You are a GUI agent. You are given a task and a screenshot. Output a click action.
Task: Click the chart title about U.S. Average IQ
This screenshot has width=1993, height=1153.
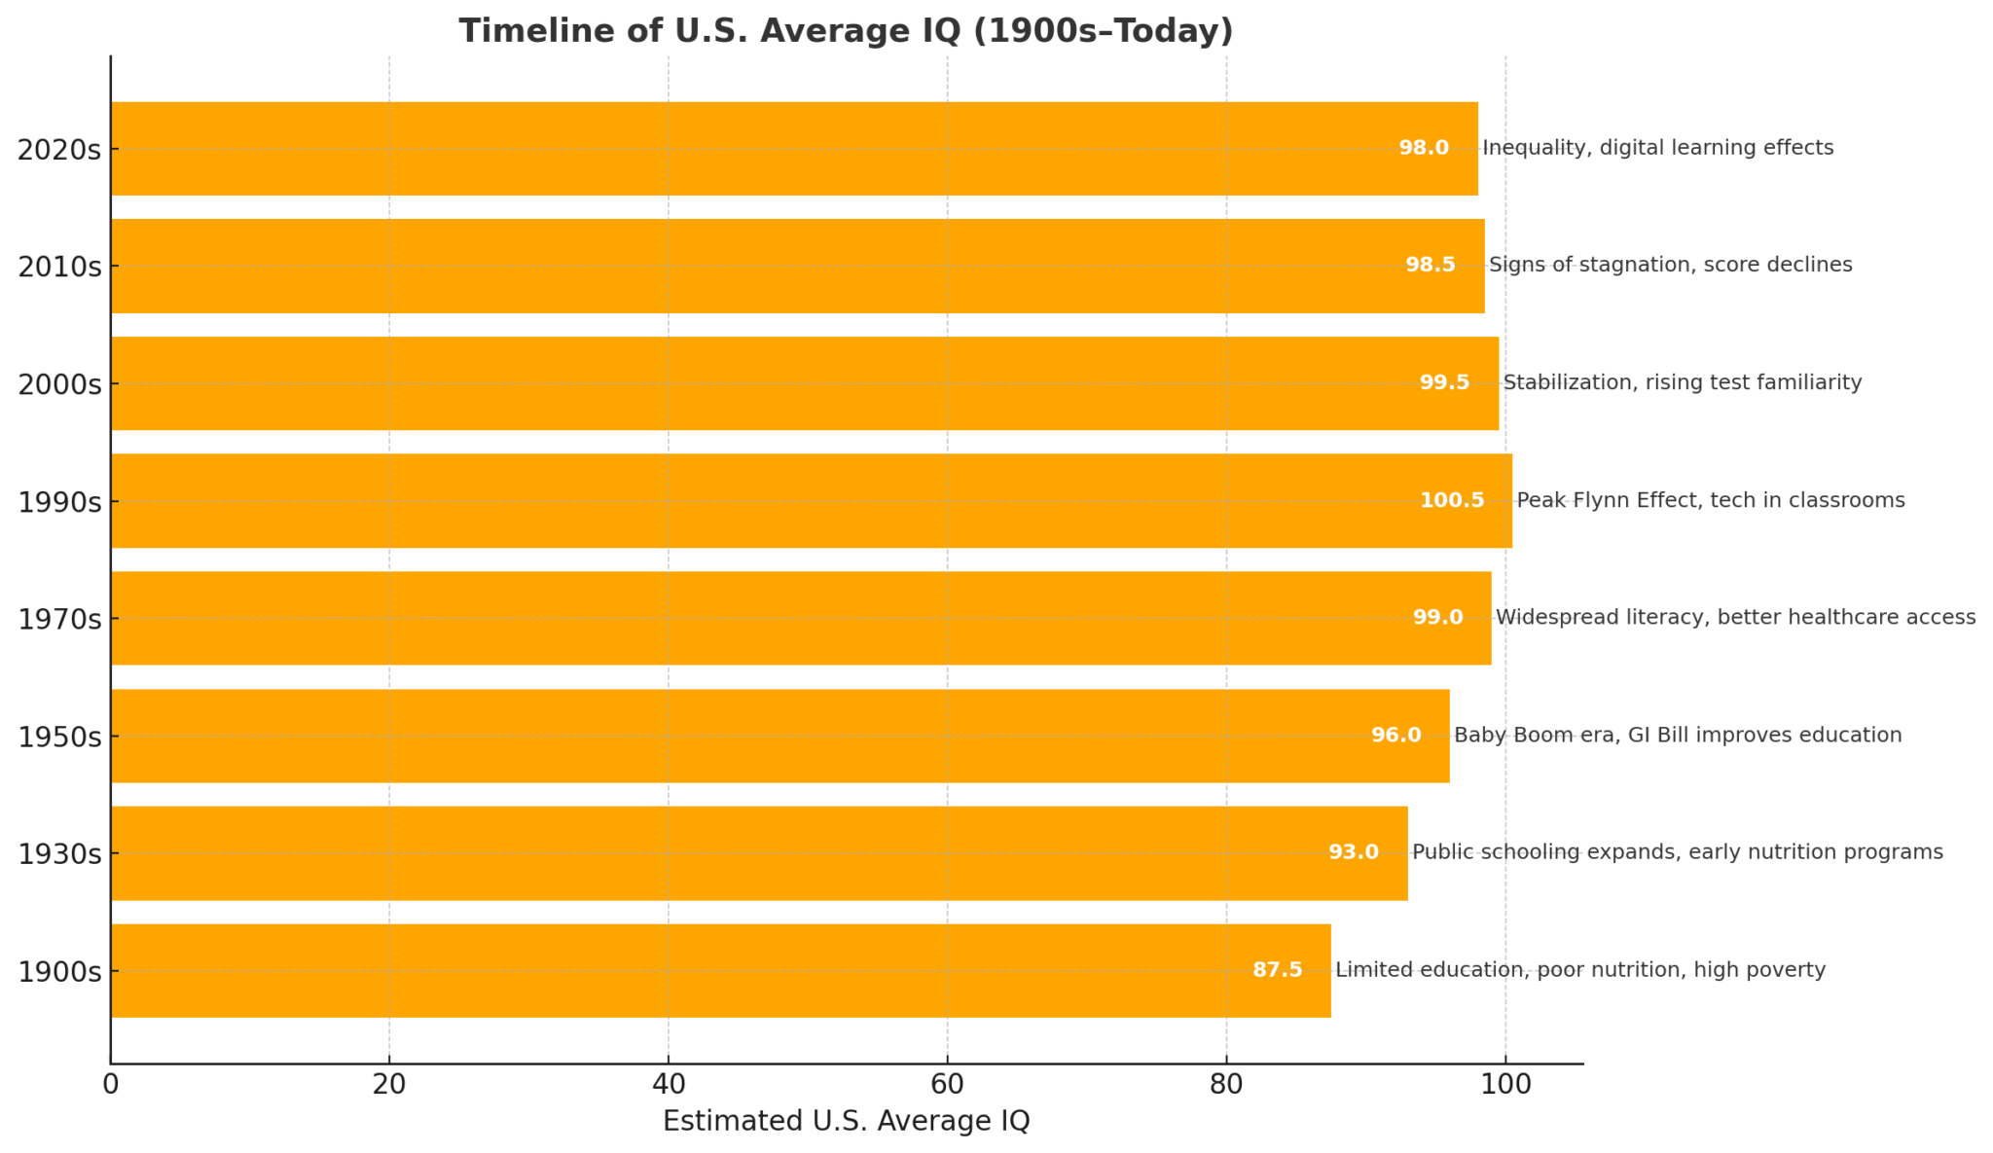(846, 31)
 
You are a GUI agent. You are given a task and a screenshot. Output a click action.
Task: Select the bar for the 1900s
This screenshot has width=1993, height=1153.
(720, 970)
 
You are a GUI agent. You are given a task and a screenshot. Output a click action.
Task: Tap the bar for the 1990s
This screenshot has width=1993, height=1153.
(811, 500)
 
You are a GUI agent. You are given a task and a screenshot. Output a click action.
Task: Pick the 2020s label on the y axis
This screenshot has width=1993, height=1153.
(59, 150)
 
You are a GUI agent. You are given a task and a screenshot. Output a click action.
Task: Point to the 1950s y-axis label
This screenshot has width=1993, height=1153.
(59, 737)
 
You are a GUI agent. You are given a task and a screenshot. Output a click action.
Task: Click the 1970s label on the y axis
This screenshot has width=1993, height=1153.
(59, 619)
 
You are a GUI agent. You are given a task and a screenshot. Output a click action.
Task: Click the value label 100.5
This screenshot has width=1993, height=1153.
(1451, 500)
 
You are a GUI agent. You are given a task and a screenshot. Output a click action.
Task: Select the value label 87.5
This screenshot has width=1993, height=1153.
(1277, 970)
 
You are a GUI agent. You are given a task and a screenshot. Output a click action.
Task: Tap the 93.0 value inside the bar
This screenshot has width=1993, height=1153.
(1354, 852)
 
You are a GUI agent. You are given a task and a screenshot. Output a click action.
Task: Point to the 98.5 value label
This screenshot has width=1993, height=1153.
(1430, 265)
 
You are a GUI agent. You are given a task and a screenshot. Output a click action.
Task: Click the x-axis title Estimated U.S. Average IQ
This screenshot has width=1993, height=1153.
(846, 1122)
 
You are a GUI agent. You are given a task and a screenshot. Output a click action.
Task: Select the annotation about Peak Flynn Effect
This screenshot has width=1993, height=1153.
(1710, 500)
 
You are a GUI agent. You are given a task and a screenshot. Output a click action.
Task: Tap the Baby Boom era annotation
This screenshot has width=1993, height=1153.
(1677, 735)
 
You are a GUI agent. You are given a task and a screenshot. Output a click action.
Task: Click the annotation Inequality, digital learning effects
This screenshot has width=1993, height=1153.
(1657, 148)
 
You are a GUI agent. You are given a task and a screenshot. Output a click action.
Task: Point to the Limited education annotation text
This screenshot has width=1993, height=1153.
(1579, 970)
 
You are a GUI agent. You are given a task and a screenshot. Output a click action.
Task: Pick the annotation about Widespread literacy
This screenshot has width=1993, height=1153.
(1735, 617)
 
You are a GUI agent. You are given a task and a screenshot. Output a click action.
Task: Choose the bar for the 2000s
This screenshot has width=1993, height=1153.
(804, 382)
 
